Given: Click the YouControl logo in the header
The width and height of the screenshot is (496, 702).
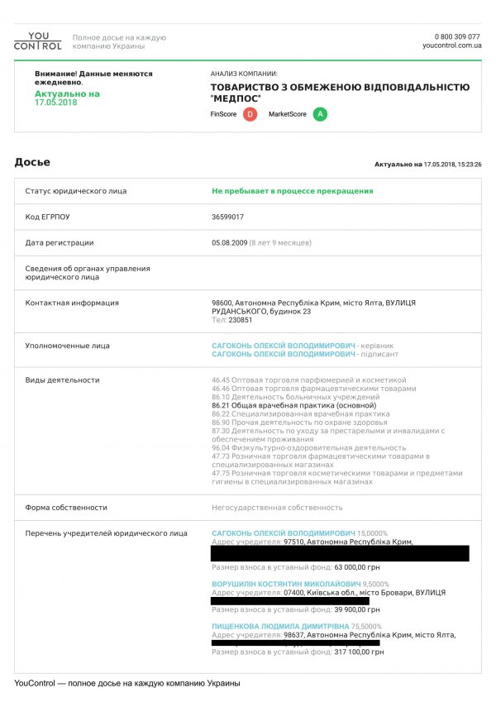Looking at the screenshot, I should (x=37, y=41).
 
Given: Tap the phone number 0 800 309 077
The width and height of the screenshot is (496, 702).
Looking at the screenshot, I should (x=456, y=37).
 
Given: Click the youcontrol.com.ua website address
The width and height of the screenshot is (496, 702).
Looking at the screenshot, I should (x=451, y=46).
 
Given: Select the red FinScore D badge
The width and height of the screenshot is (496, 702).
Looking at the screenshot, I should (x=250, y=114).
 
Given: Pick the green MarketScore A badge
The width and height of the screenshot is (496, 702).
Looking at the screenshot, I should (x=320, y=114).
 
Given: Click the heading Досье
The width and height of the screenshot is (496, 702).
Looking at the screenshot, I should (x=32, y=162).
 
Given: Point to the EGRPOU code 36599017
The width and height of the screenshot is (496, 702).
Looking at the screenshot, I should (x=228, y=217).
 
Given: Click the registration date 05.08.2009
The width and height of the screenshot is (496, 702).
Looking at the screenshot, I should (x=229, y=243).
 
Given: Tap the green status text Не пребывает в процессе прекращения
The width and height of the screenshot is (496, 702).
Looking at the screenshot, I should (x=292, y=191).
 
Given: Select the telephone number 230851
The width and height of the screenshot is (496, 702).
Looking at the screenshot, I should (x=241, y=320).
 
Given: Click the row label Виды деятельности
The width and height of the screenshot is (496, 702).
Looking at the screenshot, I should (x=62, y=380).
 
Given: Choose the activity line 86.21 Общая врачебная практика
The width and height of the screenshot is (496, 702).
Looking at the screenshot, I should (x=293, y=406).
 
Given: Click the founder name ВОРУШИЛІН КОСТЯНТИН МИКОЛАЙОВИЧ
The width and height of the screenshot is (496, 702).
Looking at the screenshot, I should (x=286, y=584).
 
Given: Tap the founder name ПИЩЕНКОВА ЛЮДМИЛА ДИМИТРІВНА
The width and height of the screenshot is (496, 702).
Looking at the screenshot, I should (x=280, y=626).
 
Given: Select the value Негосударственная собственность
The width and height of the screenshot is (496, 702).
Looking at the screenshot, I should (x=277, y=508).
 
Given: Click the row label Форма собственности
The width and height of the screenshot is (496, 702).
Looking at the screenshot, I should (x=66, y=508).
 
